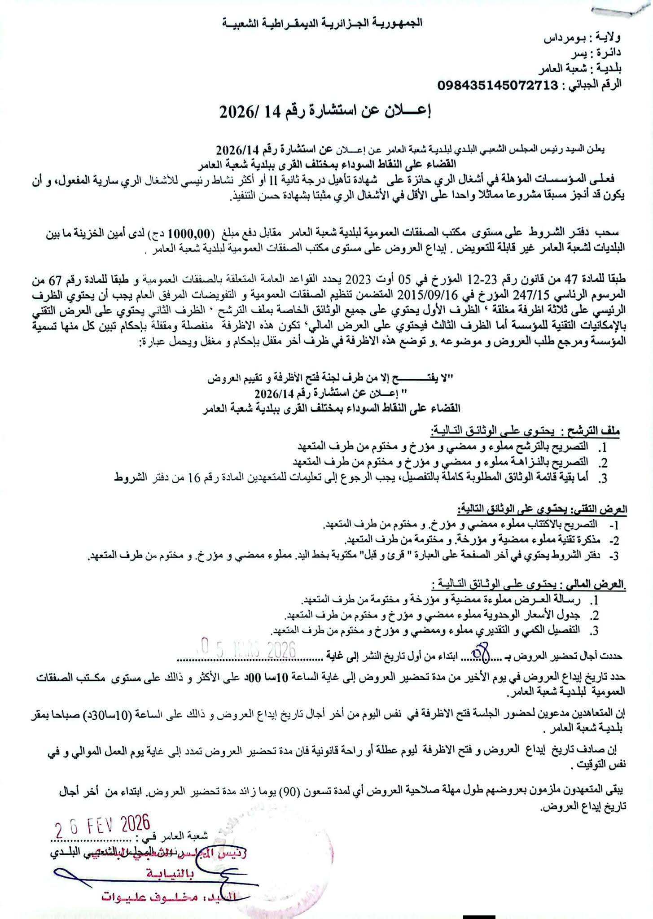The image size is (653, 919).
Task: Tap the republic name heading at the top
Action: (x=327, y=23)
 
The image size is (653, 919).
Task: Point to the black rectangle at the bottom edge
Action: (x=479, y=914)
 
